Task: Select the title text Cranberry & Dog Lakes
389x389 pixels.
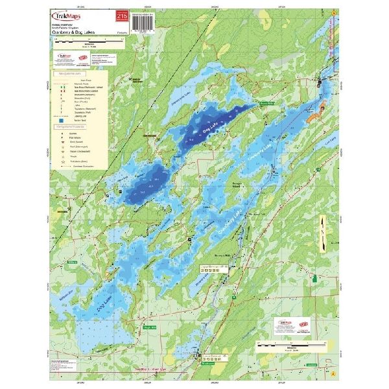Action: coord(78,30)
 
